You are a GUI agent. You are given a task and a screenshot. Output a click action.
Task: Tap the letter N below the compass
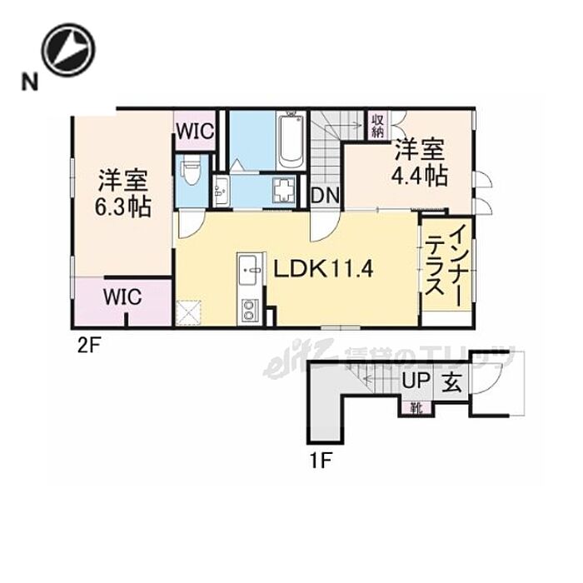pos(30,82)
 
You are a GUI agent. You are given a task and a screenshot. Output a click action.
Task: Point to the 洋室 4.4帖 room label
pos(420,163)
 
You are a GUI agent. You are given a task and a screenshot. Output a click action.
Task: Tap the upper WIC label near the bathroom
pos(196,131)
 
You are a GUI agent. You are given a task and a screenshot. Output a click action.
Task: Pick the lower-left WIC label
pos(122,296)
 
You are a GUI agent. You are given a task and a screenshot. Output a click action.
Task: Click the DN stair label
pos(324,195)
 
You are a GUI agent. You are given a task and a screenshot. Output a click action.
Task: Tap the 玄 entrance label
pos(451,384)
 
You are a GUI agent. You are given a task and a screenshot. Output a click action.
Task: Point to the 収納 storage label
pos(378,126)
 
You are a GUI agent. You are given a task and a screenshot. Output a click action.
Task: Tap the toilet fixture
pos(191,173)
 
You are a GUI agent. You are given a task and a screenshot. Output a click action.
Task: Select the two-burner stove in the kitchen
pos(249,313)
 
